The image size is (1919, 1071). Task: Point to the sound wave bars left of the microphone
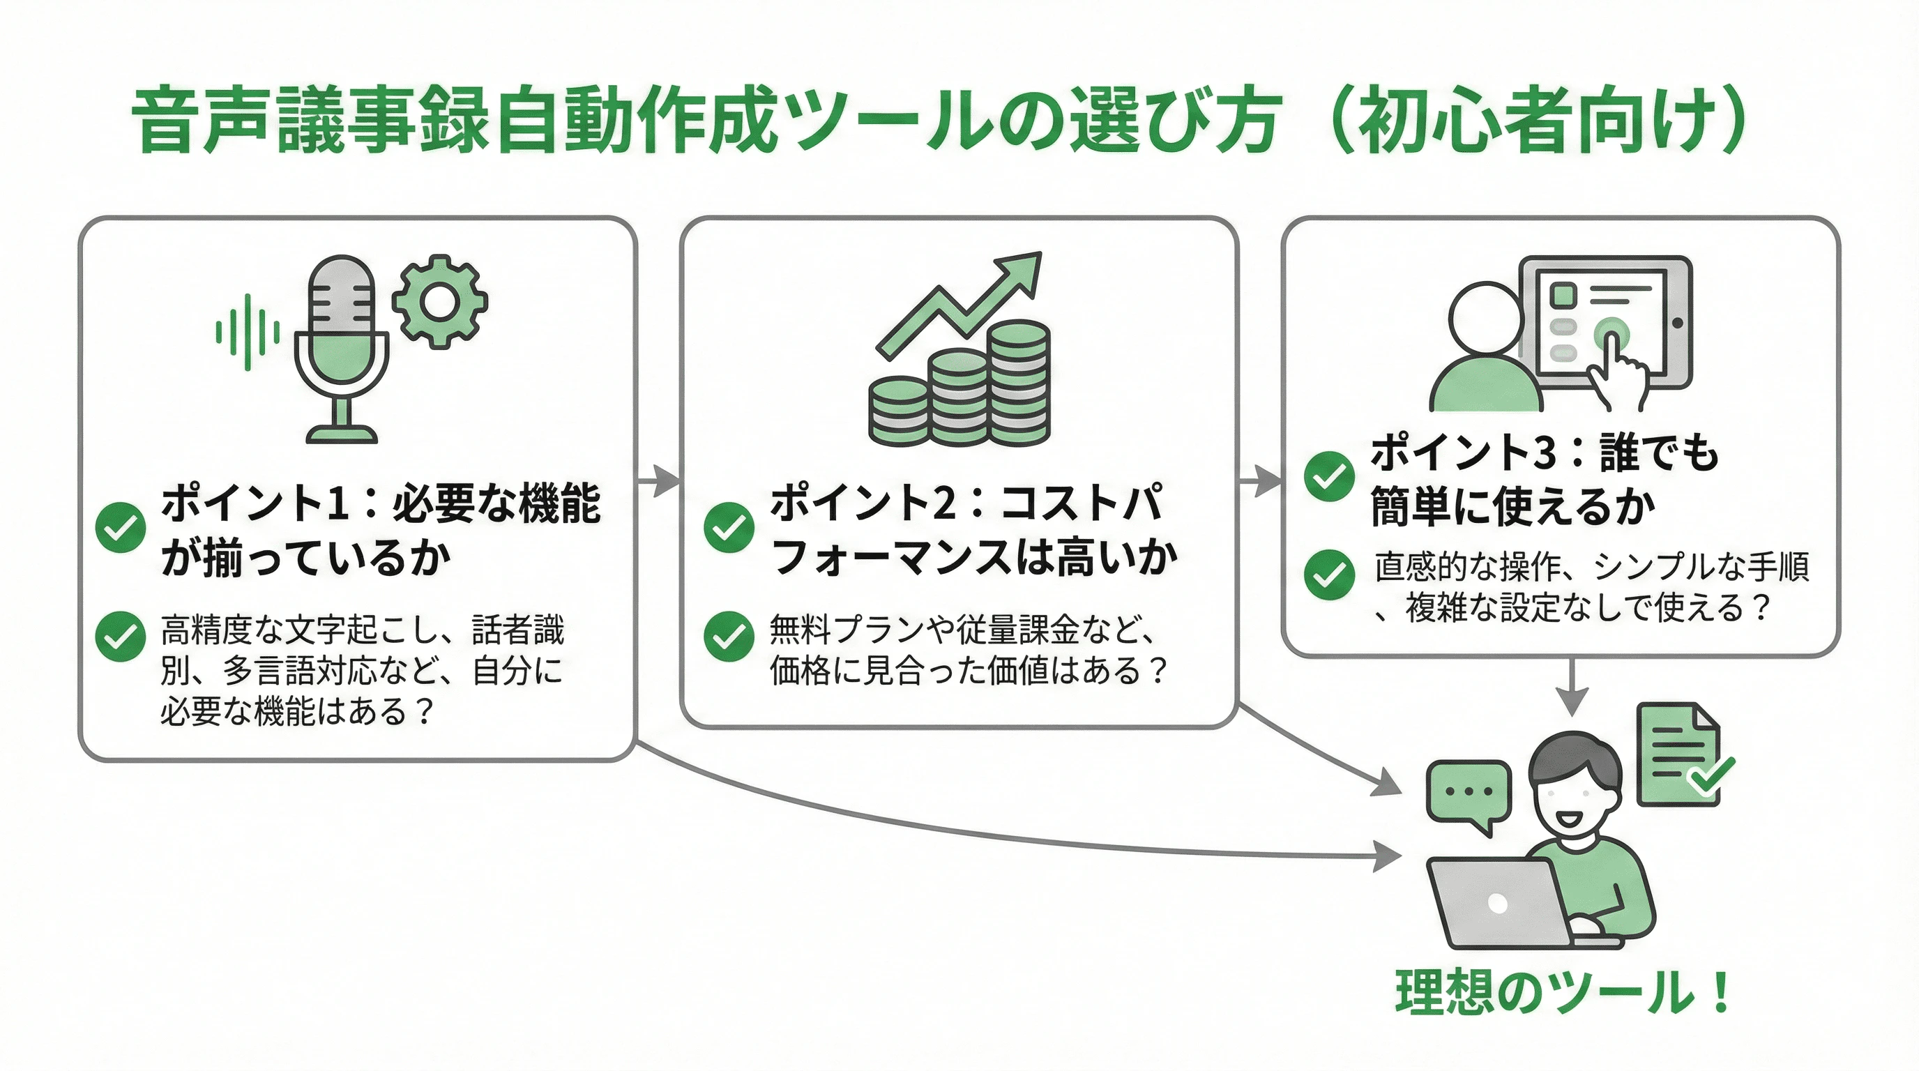(x=248, y=332)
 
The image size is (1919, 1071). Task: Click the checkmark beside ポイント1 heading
(x=121, y=527)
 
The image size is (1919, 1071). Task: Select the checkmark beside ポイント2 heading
(x=729, y=527)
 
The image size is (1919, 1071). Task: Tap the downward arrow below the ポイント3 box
(x=1572, y=688)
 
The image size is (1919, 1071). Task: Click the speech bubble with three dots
(x=1469, y=794)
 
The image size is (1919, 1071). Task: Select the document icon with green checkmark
(x=1680, y=755)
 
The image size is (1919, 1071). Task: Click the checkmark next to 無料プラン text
(x=729, y=636)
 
